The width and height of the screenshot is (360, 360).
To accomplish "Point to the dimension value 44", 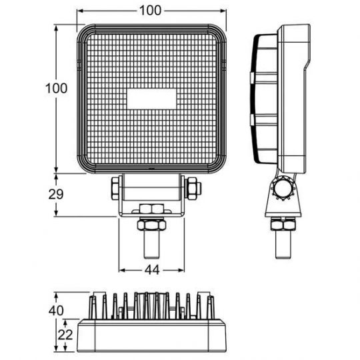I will click(x=151, y=270).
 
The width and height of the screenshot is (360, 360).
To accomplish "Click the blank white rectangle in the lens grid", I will click(x=152, y=99).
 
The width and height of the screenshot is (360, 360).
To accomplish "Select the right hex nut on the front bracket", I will click(x=193, y=188).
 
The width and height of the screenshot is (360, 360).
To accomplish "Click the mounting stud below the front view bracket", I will click(x=152, y=244).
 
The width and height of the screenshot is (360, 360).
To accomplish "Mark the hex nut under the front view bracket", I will click(x=152, y=211).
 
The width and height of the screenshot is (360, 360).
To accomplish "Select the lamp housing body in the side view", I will click(x=293, y=100).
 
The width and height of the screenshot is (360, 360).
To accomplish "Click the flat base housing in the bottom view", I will click(x=152, y=337).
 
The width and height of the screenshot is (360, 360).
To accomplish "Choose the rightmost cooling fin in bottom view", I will click(x=211, y=307).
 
